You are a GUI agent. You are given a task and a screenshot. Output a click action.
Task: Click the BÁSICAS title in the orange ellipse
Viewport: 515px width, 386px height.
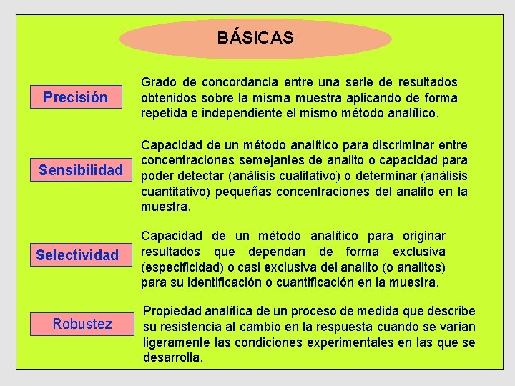[255, 38]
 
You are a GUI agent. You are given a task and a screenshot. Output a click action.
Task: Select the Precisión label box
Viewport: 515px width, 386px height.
[76, 97]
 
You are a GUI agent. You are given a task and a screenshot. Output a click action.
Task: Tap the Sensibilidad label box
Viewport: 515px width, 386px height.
[81, 171]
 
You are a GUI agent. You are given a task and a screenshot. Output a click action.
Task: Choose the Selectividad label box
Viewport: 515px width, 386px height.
[77, 255]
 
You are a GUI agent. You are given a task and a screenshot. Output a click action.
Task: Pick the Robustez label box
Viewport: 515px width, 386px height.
[82, 324]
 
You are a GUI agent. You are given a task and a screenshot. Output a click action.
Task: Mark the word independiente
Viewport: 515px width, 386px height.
[232, 113]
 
